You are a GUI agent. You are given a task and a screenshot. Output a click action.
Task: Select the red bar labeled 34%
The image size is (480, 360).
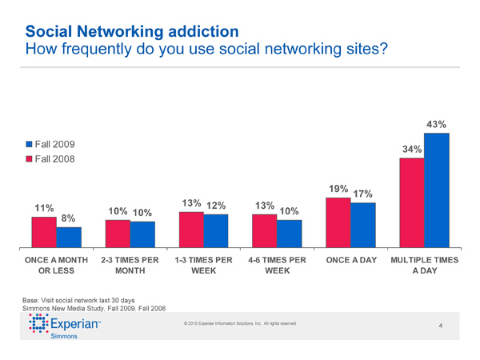pyautogui.click(x=412, y=203)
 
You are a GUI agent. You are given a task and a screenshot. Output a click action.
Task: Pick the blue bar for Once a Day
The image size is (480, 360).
pyautogui.click(x=363, y=226)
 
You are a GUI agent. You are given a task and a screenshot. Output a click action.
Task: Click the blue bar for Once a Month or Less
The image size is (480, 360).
pyautogui.click(x=69, y=238)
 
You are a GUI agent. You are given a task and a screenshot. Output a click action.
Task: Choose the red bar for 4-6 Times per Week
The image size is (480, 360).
pyautogui.click(x=265, y=231)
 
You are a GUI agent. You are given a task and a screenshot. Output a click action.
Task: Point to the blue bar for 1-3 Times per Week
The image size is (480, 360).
pyautogui.click(x=216, y=231)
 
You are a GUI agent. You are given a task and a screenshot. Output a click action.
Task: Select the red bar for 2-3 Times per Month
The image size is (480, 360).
pyautogui.click(x=118, y=234)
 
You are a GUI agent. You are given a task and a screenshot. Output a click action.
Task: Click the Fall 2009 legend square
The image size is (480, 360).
pyautogui.click(x=30, y=145)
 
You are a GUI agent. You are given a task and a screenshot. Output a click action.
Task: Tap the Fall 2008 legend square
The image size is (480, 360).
pyautogui.click(x=30, y=158)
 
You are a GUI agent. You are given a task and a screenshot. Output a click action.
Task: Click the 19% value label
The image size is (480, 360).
pyautogui.click(x=338, y=190)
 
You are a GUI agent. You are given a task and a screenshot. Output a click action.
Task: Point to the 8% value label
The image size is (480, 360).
pyautogui.click(x=69, y=218)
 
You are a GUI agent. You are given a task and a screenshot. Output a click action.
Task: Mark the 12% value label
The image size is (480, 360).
pyautogui.click(x=216, y=206)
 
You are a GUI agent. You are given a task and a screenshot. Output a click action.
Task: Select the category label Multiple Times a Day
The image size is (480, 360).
pyautogui.click(x=423, y=266)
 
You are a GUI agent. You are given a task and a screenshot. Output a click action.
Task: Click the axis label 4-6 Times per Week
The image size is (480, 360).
pyautogui.click(x=278, y=266)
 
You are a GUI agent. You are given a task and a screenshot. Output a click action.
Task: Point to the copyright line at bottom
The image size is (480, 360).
pyautogui.click(x=240, y=323)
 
